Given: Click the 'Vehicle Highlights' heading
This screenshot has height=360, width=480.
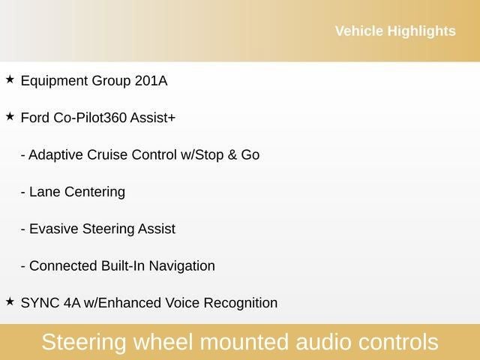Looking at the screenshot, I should click(x=394, y=31).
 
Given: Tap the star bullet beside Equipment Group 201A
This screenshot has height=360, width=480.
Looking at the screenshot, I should click(x=10, y=79).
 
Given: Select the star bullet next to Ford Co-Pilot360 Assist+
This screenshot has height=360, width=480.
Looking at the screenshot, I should click(x=10, y=116).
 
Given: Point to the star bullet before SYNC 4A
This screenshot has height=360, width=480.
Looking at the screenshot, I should click(x=10, y=301).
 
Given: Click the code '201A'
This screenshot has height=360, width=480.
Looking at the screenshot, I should click(x=151, y=80).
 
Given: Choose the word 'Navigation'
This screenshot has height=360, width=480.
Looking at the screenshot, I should click(x=181, y=265).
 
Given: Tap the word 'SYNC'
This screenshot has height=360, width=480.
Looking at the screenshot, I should click(x=40, y=303).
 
